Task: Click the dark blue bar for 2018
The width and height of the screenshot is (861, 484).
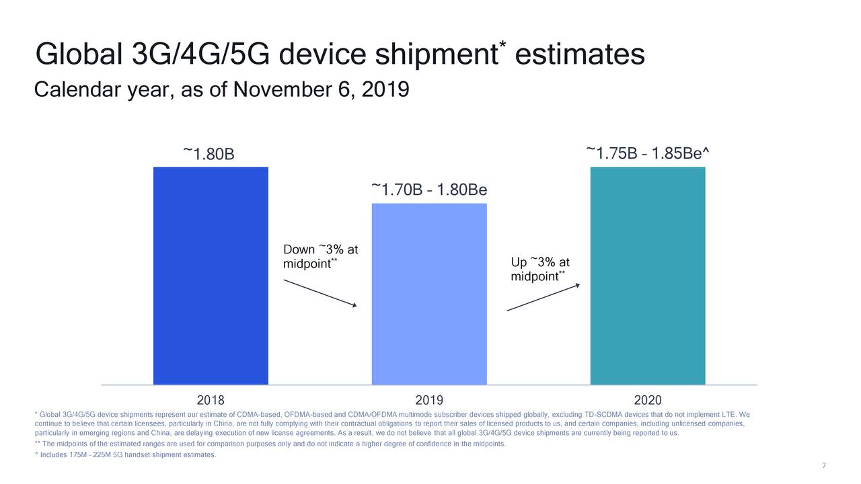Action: coord(211,276)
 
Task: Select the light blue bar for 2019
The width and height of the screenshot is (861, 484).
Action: coord(429,294)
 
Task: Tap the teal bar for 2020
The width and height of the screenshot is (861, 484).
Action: coord(647,276)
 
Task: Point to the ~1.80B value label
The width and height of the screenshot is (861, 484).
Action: coord(209,155)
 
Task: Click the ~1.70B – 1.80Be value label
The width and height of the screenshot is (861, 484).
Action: coord(429,190)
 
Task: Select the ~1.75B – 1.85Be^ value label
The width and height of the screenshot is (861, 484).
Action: coord(647,154)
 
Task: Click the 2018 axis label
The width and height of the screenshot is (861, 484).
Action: coord(211,398)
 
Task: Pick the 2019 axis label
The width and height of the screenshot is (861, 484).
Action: coord(429,398)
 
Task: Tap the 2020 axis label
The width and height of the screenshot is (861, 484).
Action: coord(647,398)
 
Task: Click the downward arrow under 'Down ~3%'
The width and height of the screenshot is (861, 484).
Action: coord(320,293)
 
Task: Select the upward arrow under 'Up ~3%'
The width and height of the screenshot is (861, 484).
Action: coord(543,298)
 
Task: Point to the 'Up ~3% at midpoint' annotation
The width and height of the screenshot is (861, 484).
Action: coord(540,269)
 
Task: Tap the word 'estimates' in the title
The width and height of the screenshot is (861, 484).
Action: coord(580,55)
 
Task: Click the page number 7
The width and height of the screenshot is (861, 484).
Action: coord(824,467)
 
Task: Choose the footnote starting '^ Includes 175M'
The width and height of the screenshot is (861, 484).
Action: coord(125,456)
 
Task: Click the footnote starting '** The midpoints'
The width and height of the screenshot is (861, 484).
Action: coord(269,444)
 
